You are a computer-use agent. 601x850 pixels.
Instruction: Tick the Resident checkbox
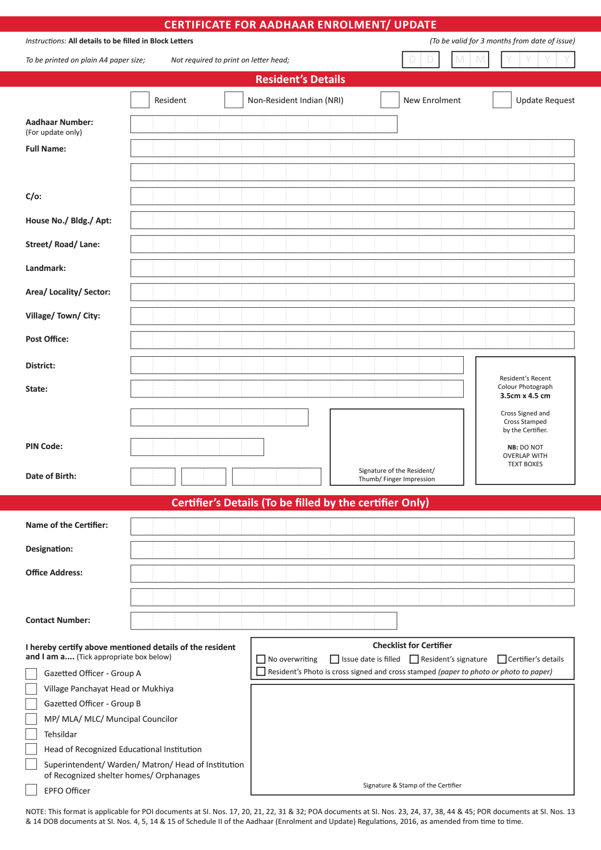(x=140, y=100)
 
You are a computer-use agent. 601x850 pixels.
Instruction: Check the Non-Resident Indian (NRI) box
(x=233, y=100)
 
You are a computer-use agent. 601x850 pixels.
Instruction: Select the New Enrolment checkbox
(x=390, y=100)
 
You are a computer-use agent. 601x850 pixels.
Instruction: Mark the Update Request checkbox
(x=502, y=100)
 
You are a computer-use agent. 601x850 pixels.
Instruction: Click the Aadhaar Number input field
(x=264, y=124)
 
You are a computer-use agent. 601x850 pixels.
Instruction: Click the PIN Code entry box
(x=197, y=447)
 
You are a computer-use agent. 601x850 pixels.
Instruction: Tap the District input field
(x=297, y=365)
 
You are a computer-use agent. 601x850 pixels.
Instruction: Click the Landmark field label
(x=46, y=268)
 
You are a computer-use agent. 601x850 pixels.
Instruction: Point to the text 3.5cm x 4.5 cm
(x=525, y=396)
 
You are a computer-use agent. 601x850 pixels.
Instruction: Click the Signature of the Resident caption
(x=397, y=475)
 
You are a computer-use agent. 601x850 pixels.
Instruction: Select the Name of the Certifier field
(x=352, y=526)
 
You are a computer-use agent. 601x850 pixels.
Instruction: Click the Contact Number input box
(x=264, y=621)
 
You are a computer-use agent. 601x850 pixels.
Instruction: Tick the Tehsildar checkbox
(x=31, y=734)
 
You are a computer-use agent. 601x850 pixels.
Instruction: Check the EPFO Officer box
(x=31, y=790)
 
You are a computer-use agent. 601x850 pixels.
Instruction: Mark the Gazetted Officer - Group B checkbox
(x=31, y=704)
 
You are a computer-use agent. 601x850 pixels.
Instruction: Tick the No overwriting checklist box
(x=261, y=659)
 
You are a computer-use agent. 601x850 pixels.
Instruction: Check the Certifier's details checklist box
(x=502, y=659)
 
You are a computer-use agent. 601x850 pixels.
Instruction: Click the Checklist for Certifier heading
(x=412, y=645)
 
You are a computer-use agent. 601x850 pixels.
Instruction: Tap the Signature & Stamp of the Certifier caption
(x=412, y=785)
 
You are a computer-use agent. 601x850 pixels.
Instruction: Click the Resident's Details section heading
(x=300, y=79)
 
